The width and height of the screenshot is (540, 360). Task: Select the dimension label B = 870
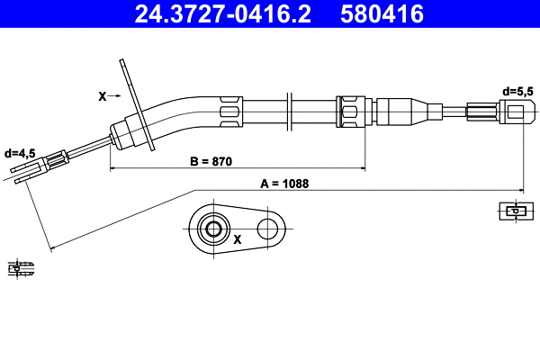coord(211,162)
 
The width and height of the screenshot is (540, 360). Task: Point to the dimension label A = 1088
coord(284,184)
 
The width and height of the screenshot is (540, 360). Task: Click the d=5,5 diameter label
coord(517,91)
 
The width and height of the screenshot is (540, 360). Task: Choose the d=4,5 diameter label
coord(19,153)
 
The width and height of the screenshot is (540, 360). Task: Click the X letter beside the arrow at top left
coord(101,94)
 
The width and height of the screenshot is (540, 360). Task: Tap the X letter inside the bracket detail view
coord(238,240)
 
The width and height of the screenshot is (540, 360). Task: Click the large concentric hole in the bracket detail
coord(213,229)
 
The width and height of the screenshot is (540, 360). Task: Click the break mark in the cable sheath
coord(288,112)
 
